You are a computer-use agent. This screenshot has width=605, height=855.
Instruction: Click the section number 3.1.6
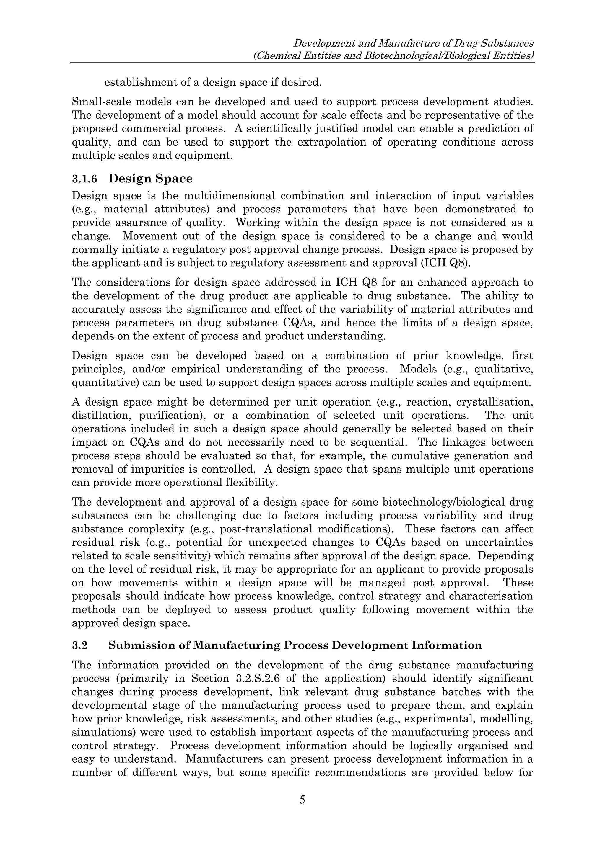pyautogui.click(x=84, y=179)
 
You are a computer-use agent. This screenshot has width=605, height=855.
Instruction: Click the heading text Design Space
pyautogui.click(x=150, y=179)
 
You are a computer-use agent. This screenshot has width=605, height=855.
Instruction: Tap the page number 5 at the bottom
pyautogui.click(x=302, y=799)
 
